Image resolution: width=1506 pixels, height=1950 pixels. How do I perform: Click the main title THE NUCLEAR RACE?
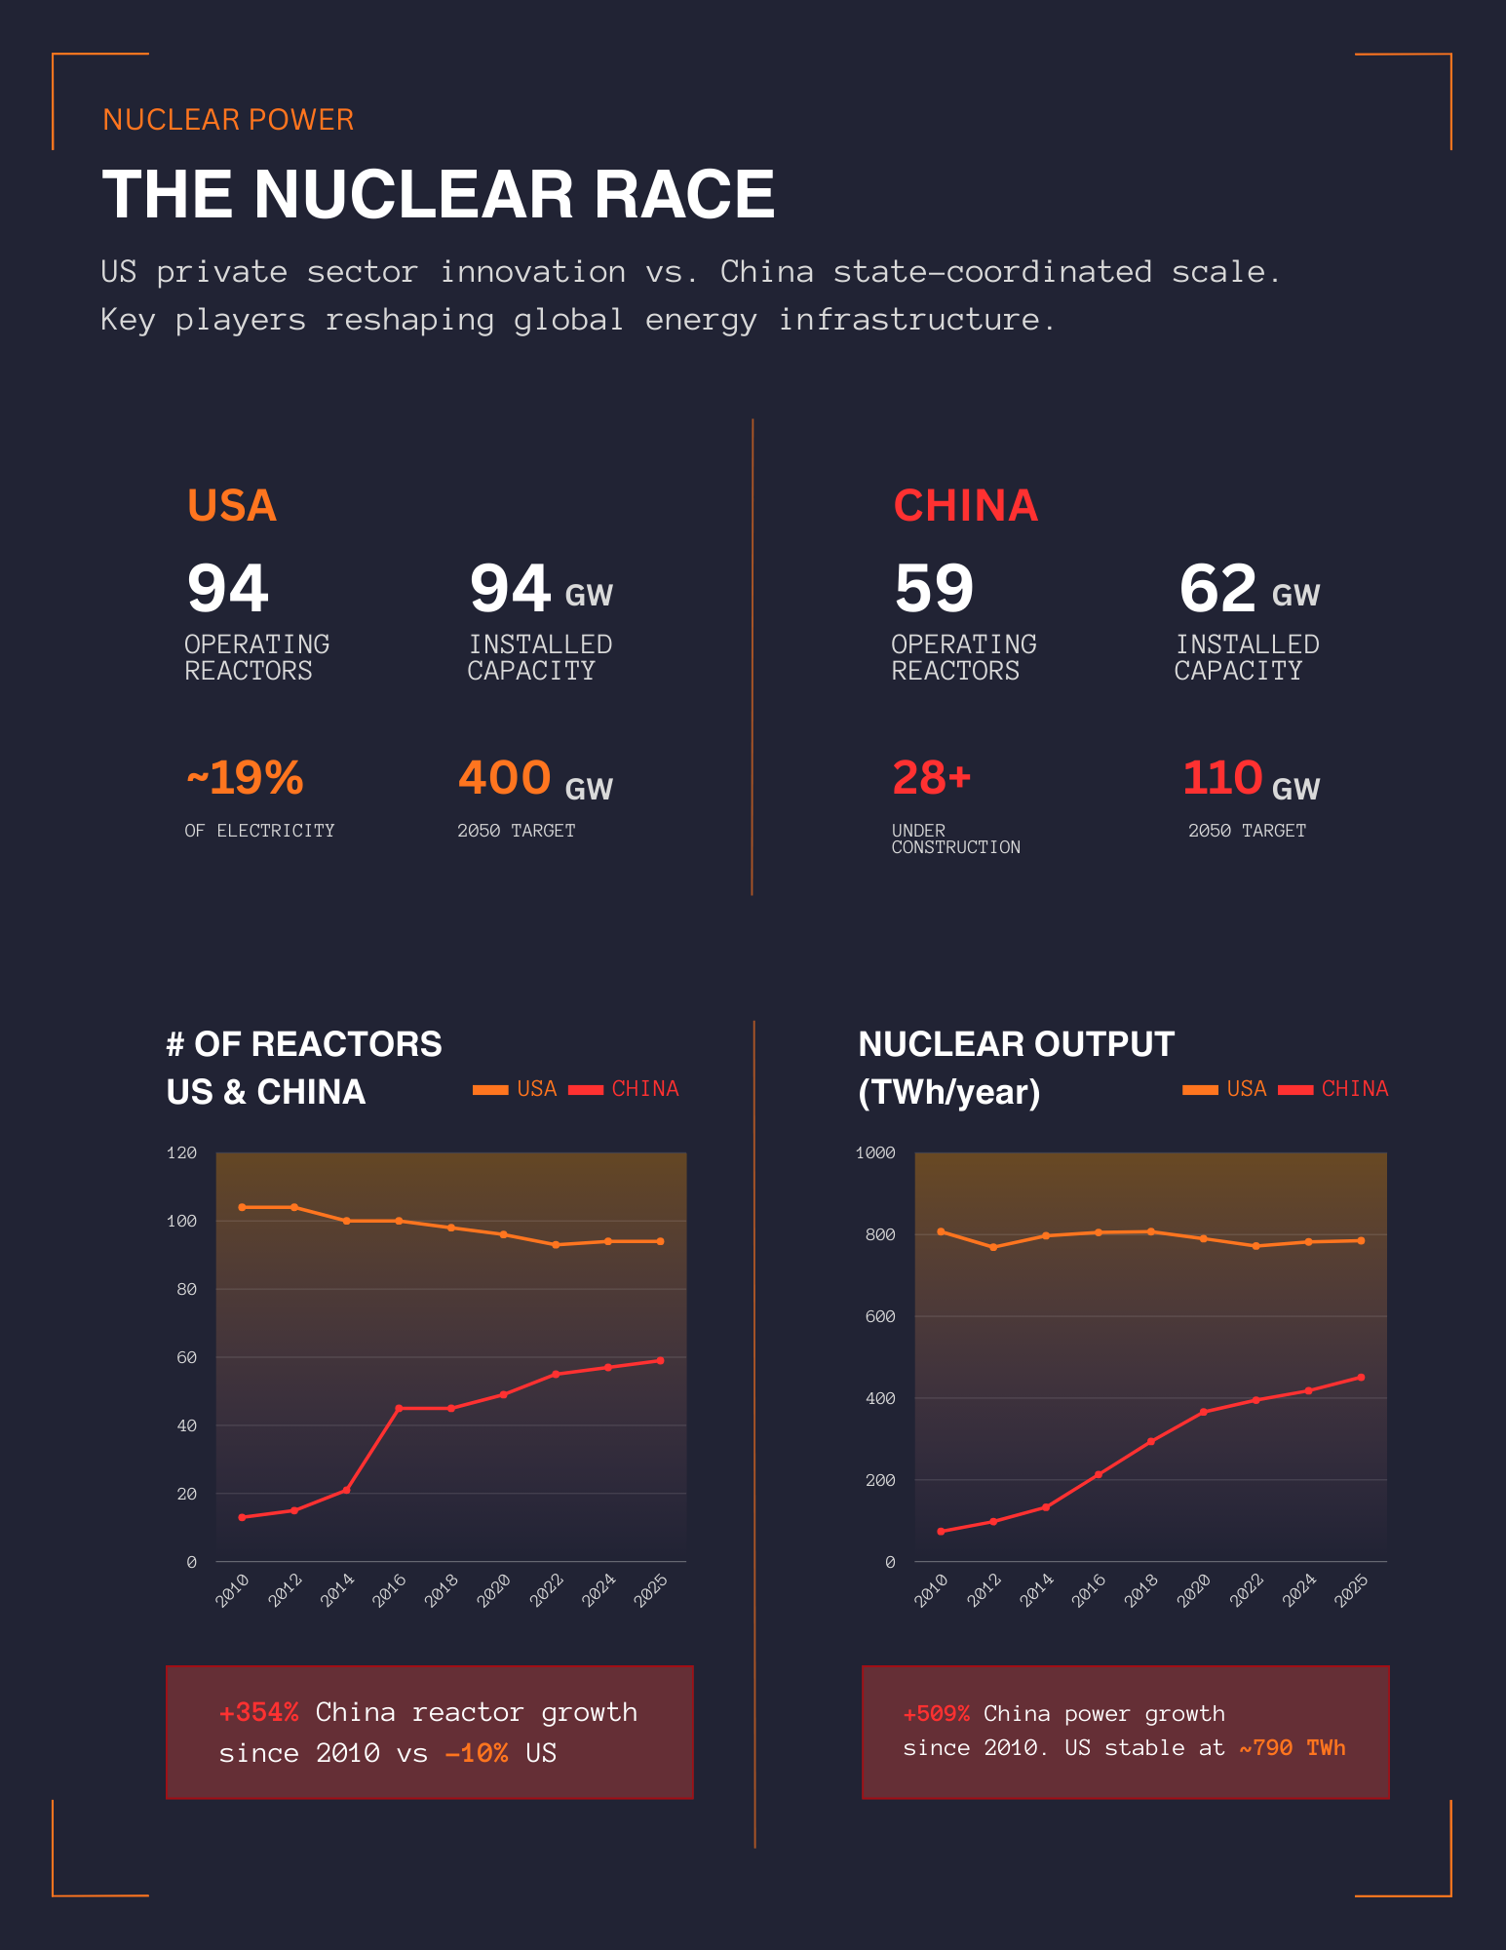pyautogui.click(x=438, y=194)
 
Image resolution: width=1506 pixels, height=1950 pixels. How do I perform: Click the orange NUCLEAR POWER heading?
pyautogui.click(x=228, y=120)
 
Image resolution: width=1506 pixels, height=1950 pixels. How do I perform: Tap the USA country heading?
pyautogui.click(x=232, y=505)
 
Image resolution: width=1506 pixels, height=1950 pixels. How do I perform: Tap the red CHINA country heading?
pyautogui.click(x=965, y=505)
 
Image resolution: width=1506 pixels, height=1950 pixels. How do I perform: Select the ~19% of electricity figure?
pyautogui.click(x=245, y=778)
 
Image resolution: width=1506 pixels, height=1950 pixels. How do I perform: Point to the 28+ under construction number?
pyautogui.click(x=932, y=778)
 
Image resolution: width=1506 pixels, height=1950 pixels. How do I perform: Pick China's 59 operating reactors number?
pyautogui.click(x=934, y=589)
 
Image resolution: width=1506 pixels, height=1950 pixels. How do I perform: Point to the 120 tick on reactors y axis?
pyautogui.click(x=182, y=1152)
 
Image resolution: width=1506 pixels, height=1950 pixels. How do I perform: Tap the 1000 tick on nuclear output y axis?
pyautogui.click(x=875, y=1152)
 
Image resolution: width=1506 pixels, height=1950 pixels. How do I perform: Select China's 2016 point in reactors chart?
pyautogui.click(x=399, y=1408)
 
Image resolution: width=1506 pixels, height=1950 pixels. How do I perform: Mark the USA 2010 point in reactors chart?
pyautogui.click(x=242, y=1207)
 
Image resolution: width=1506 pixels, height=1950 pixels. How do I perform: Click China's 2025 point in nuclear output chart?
pyautogui.click(x=1361, y=1378)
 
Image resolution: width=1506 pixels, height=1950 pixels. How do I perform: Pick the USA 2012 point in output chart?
pyautogui.click(x=993, y=1247)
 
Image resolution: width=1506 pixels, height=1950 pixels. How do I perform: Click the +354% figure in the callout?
pyautogui.click(x=258, y=1712)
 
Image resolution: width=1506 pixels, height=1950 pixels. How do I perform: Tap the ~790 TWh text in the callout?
pyautogui.click(x=1292, y=1747)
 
